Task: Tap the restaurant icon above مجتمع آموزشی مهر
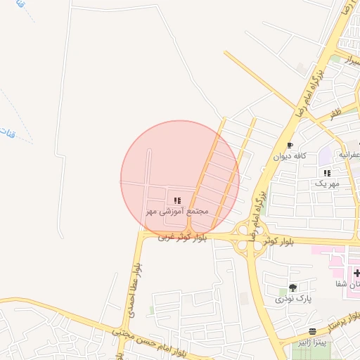[x=177, y=200]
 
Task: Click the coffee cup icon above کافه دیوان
[x=290, y=146]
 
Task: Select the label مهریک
[x=326, y=183]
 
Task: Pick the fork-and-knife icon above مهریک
[x=326, y=173]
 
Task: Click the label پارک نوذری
[x=293, y=299]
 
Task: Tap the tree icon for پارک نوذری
[x=292, y=288]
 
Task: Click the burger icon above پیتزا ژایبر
[x=312, y=330]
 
